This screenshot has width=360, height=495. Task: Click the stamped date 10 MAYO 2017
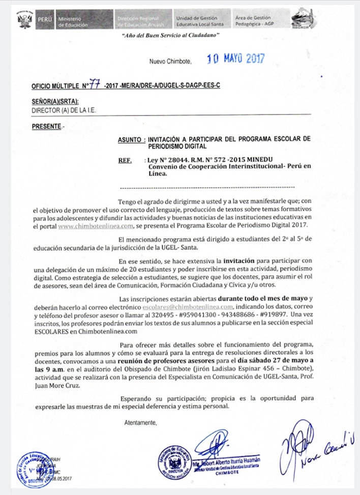pyautogui.click(x=235, y=59)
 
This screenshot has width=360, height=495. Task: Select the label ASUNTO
pyautogui.click(x=130, y=138)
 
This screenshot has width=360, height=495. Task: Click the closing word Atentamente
pyautogui.click(x=140, y=422)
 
